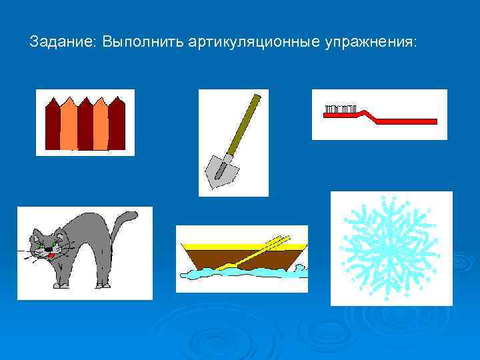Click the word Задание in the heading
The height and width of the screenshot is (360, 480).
pos(62,42)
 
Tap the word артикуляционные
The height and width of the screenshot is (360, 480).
pos(254,42)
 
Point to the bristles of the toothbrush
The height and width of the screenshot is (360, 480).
pos(339,109)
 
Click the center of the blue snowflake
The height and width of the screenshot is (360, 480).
pos(391,247)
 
